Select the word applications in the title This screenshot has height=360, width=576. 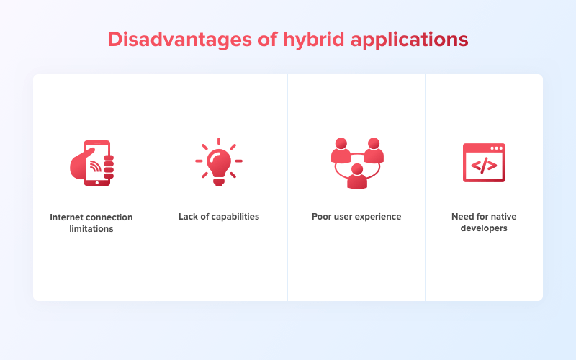[x=409, y=39]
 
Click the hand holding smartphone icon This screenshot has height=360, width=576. [x=92, y=163]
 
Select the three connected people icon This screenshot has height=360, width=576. [x=357, y=163]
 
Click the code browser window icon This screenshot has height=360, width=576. [x=484, y=163]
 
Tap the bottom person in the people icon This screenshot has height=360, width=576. [x=357, y=176]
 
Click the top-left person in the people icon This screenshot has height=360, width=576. [x=341, y=150]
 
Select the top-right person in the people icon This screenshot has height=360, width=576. [x=374, y=150]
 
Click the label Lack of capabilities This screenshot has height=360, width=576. [x=219, y=217]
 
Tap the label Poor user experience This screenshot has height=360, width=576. [x=356, y=217]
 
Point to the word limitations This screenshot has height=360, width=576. [x=91, y=229]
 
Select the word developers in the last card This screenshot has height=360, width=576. [x=484, y=229]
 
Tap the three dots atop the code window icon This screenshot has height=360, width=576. [x=496, y=148]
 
